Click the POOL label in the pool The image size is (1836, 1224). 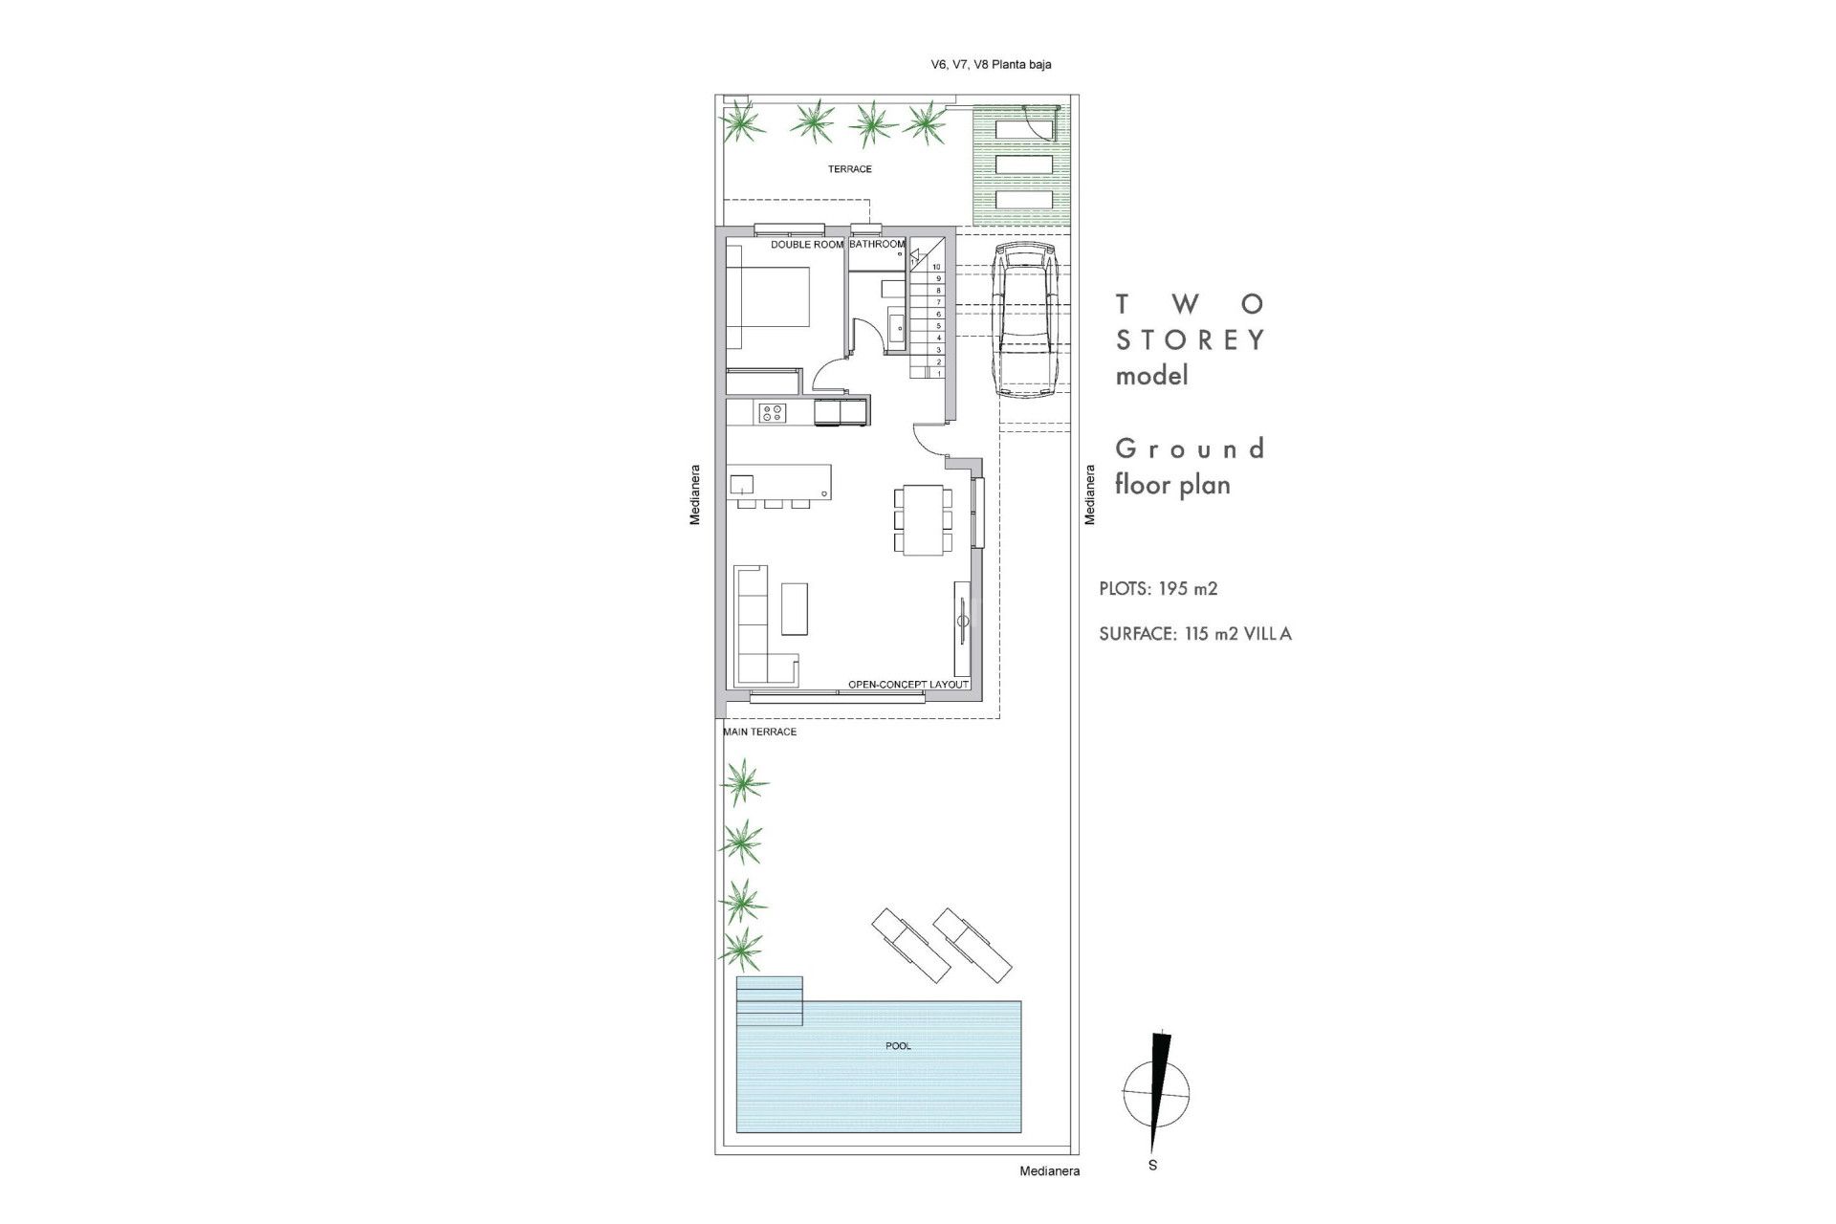(x=898, y=1046)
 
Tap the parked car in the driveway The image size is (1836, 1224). (x=1022, y=320)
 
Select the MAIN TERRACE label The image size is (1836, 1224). (x=759, y=732)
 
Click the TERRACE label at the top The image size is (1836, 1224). (x=849, y=169)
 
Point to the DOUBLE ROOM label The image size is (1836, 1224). (x=807, y=245)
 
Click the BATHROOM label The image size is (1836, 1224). (x=876, y=245)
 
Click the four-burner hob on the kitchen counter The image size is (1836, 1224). (x=772, y=413)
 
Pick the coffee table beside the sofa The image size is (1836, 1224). (x=794, y=609)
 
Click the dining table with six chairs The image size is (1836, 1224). (x=923, y=519)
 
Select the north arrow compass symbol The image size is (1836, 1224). (x=1157, y=1093)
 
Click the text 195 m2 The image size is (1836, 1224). (x=1188, y=589)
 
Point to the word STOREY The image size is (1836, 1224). (x=1191, y=340)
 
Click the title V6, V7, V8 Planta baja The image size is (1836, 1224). (x=991, y=65)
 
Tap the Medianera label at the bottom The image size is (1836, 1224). (x=1049, y=1171)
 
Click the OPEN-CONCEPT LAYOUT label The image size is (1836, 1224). (x=908, y=685)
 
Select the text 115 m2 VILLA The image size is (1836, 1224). (x=1237, y=634)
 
